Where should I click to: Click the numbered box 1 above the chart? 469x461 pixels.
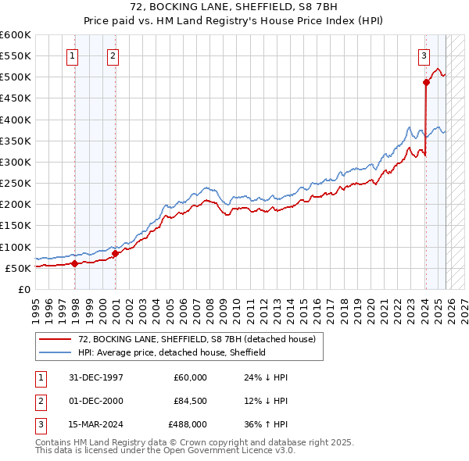(72, 55)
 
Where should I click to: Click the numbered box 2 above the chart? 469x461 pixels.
(113, 55)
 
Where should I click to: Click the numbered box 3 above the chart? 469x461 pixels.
(423, 55)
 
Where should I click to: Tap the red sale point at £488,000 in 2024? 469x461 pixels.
(426, 82)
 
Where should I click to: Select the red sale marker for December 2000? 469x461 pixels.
(115, 253)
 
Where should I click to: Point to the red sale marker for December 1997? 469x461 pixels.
(75, 263)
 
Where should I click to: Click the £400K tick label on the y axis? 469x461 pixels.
(16, 120)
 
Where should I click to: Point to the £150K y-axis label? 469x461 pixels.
(16, 226)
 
